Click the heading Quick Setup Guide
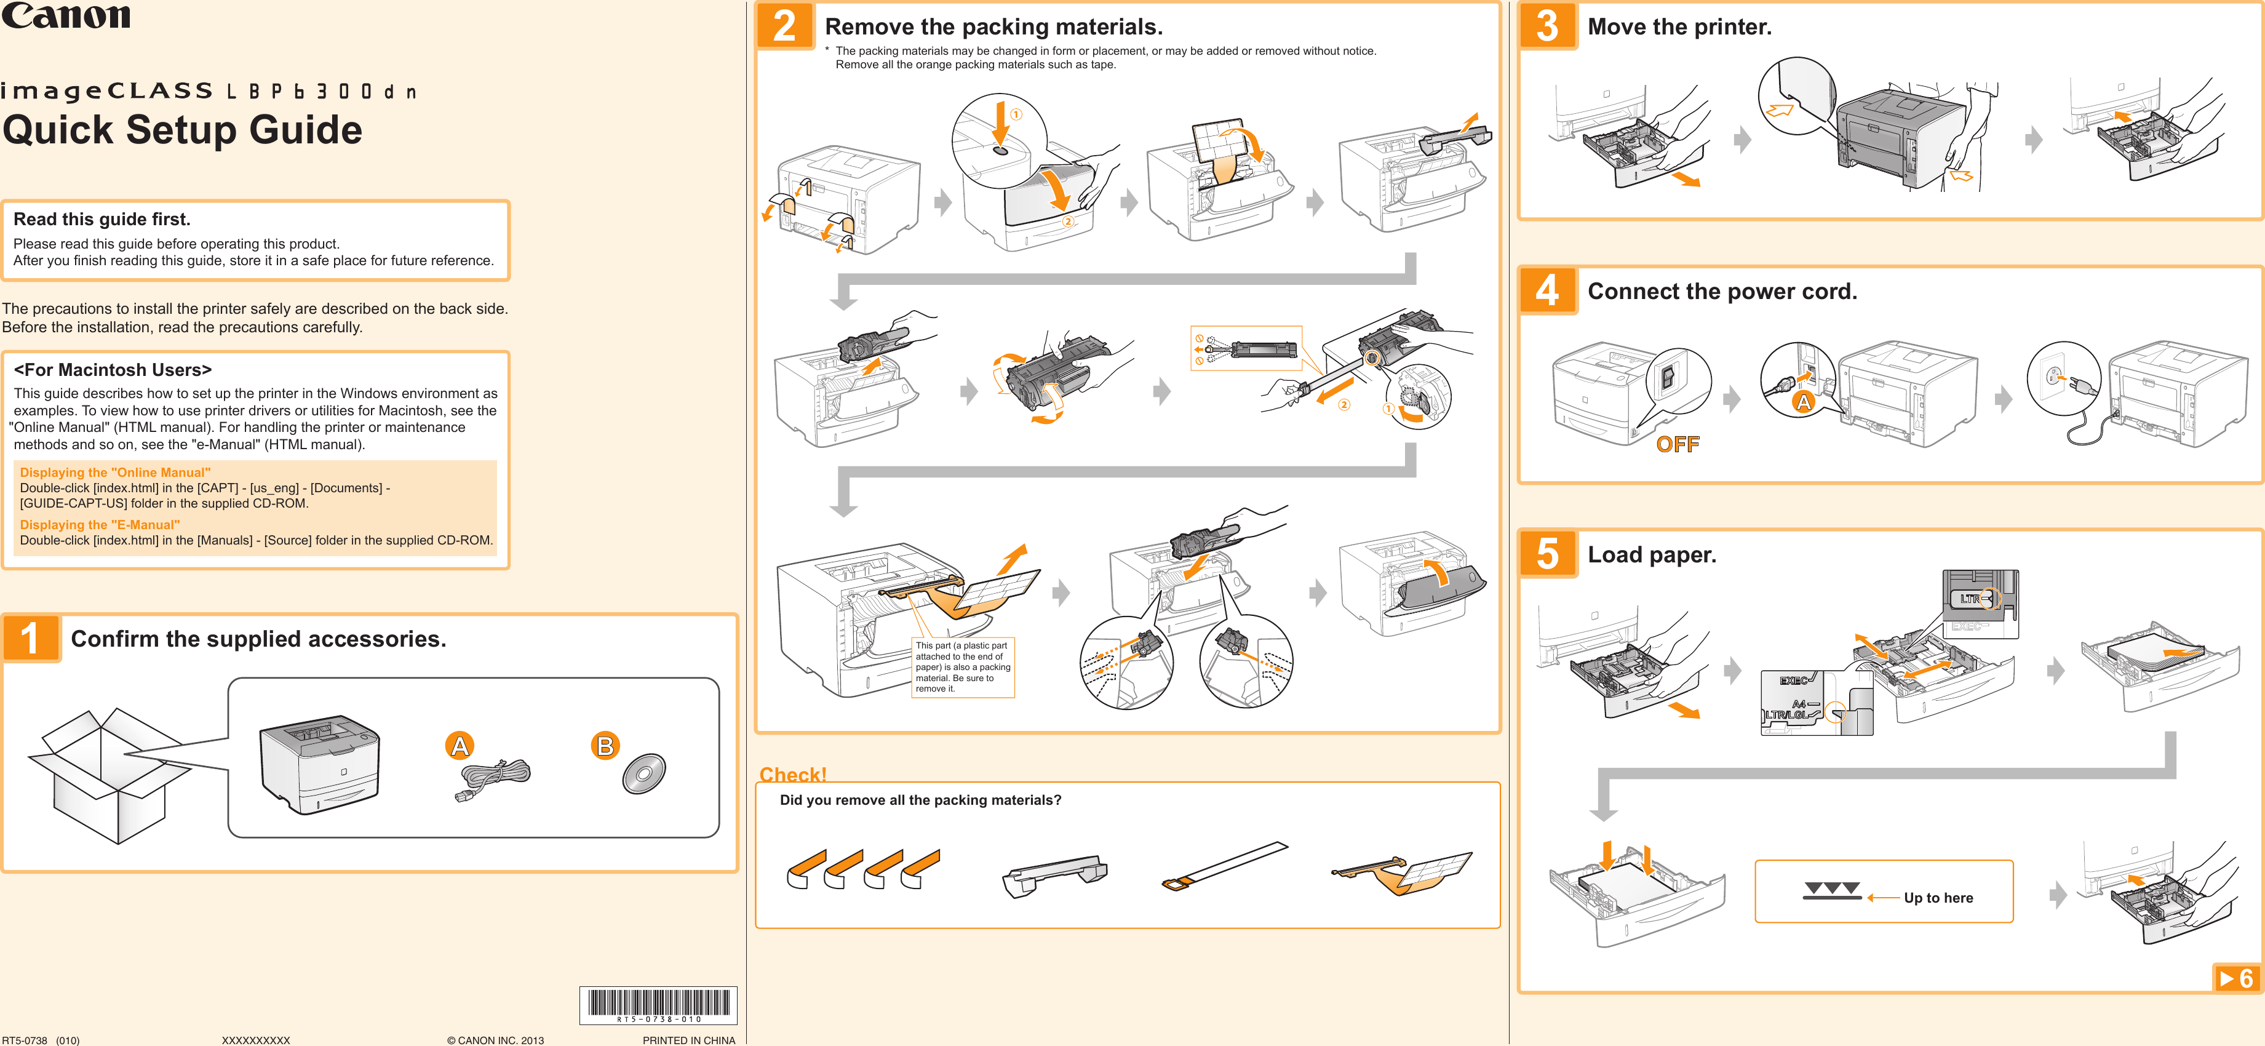pos(182,130)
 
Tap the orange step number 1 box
pos(31,639)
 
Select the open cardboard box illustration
pos(106,775)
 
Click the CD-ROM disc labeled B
pos(645,774)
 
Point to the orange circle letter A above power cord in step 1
pos(459,746)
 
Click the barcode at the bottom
pos(658,1004)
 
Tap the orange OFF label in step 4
pos(1677,444)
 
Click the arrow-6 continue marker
pos(2236,978)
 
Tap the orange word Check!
pos(792,774)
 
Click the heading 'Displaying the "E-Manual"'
pos(100,524)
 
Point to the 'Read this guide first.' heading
pos(102,219)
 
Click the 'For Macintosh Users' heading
pos(113,370)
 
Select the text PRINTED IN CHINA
pos(688,1040)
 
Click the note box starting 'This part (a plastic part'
pos(963,667)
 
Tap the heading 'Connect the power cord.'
pos(1722,291)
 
